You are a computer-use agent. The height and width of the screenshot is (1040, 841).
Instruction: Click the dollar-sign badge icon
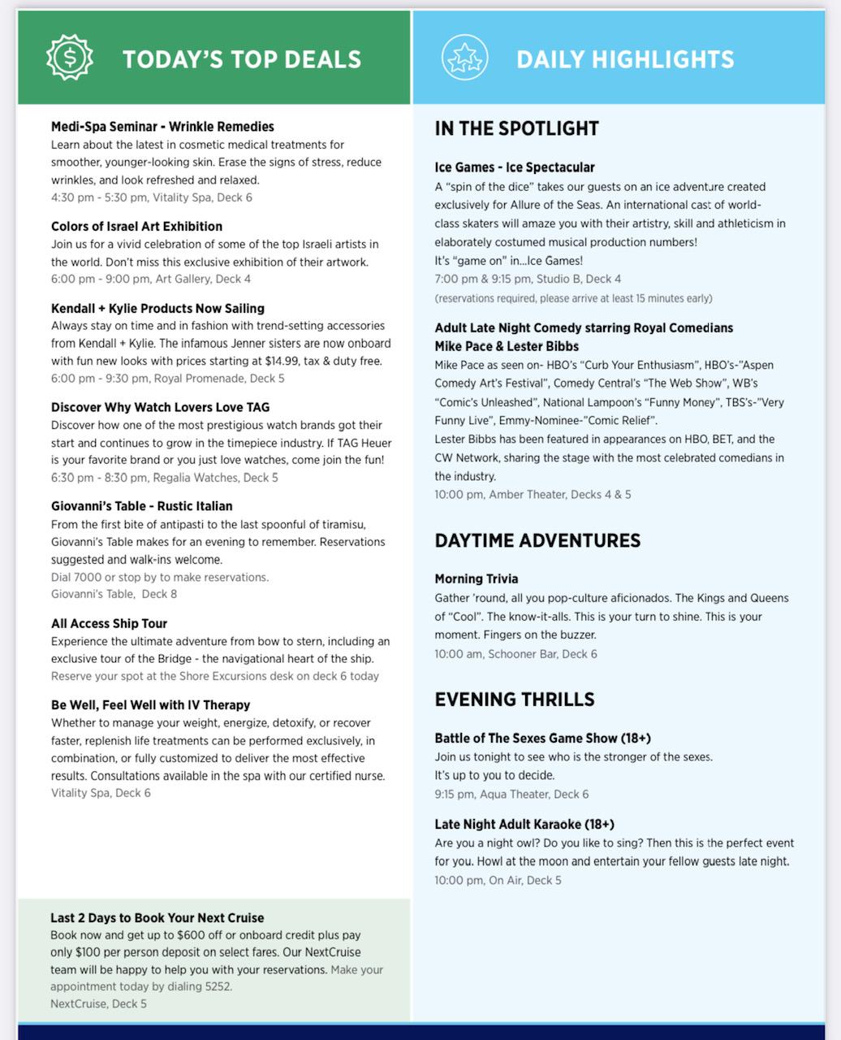70,58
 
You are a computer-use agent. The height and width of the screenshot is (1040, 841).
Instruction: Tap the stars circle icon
464,58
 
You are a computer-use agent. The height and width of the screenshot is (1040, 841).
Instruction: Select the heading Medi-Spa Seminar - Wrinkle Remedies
162,127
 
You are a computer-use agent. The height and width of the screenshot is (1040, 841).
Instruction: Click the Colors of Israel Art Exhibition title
136,226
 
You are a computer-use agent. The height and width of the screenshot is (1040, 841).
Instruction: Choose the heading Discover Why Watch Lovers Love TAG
160,407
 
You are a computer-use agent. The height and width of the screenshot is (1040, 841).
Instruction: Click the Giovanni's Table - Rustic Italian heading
141,506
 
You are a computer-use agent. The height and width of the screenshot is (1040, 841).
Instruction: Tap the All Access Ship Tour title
109,624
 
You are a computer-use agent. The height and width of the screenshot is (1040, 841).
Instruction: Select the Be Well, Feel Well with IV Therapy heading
150,705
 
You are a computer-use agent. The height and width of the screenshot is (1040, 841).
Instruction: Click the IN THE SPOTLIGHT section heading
516,128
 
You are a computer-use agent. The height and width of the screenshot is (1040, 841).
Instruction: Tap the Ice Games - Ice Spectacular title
515,167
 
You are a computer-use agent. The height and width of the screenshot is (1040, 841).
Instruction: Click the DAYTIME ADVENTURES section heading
537,540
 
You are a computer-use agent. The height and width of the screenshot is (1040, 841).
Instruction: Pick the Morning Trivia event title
476,579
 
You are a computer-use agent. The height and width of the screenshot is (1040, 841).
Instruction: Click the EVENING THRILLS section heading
515,700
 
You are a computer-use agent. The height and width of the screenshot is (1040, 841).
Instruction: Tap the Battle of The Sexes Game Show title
542,739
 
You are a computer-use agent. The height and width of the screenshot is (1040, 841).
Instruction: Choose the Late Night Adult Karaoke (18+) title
524,825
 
